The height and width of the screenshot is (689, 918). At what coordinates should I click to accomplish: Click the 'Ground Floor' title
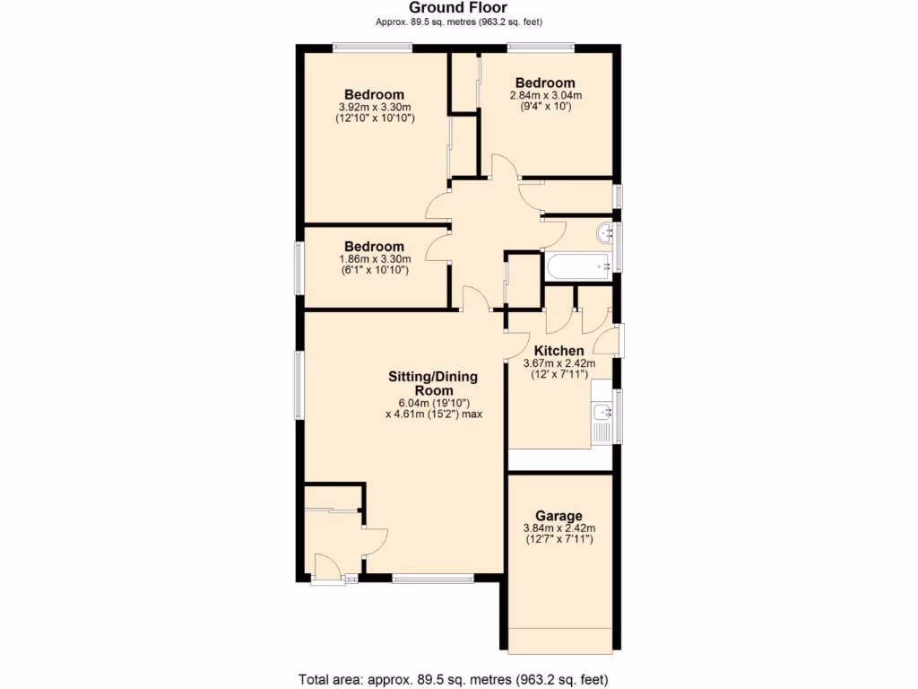coord(458,8)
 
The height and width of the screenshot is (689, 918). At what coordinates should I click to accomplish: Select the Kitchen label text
coord(559,351)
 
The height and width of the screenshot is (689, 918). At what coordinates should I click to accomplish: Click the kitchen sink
coord(601,414)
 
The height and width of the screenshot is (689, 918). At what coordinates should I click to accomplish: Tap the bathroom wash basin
coord(603,233)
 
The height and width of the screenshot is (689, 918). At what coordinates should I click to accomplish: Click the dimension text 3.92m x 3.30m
coord(374,106)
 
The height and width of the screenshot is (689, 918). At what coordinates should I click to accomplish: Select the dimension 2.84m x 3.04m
coord(545,95)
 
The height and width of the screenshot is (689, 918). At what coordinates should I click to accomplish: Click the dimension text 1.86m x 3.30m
coord(374,258)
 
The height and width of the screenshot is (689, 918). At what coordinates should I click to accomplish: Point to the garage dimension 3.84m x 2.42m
coord(559,528)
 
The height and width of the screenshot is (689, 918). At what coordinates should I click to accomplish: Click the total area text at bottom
coord(458,679)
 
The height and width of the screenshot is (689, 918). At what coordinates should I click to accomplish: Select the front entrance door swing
coord(325,568)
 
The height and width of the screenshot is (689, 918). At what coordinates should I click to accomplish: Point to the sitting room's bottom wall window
coord(432,579)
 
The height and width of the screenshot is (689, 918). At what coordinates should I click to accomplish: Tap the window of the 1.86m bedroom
coord(300,267)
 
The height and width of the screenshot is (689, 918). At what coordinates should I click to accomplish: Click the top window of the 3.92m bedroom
coord(372,48)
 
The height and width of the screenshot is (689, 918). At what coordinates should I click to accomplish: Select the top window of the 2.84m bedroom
coord(541,48)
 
